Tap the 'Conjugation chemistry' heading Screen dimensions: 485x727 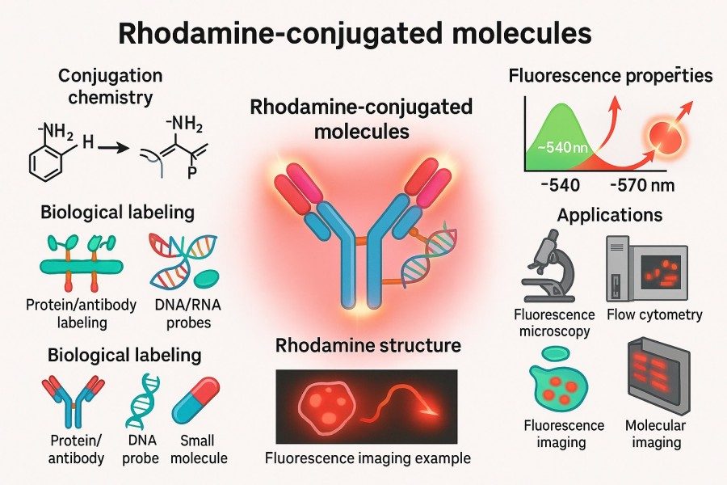coord(110,87)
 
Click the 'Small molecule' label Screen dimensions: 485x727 coord(199,449)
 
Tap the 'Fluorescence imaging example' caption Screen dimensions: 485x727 coord(368,458)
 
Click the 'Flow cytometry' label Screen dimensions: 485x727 coord(654,314)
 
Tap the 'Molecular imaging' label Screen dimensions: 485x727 coord(655,434)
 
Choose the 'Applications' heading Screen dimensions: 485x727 coord(610,216)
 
